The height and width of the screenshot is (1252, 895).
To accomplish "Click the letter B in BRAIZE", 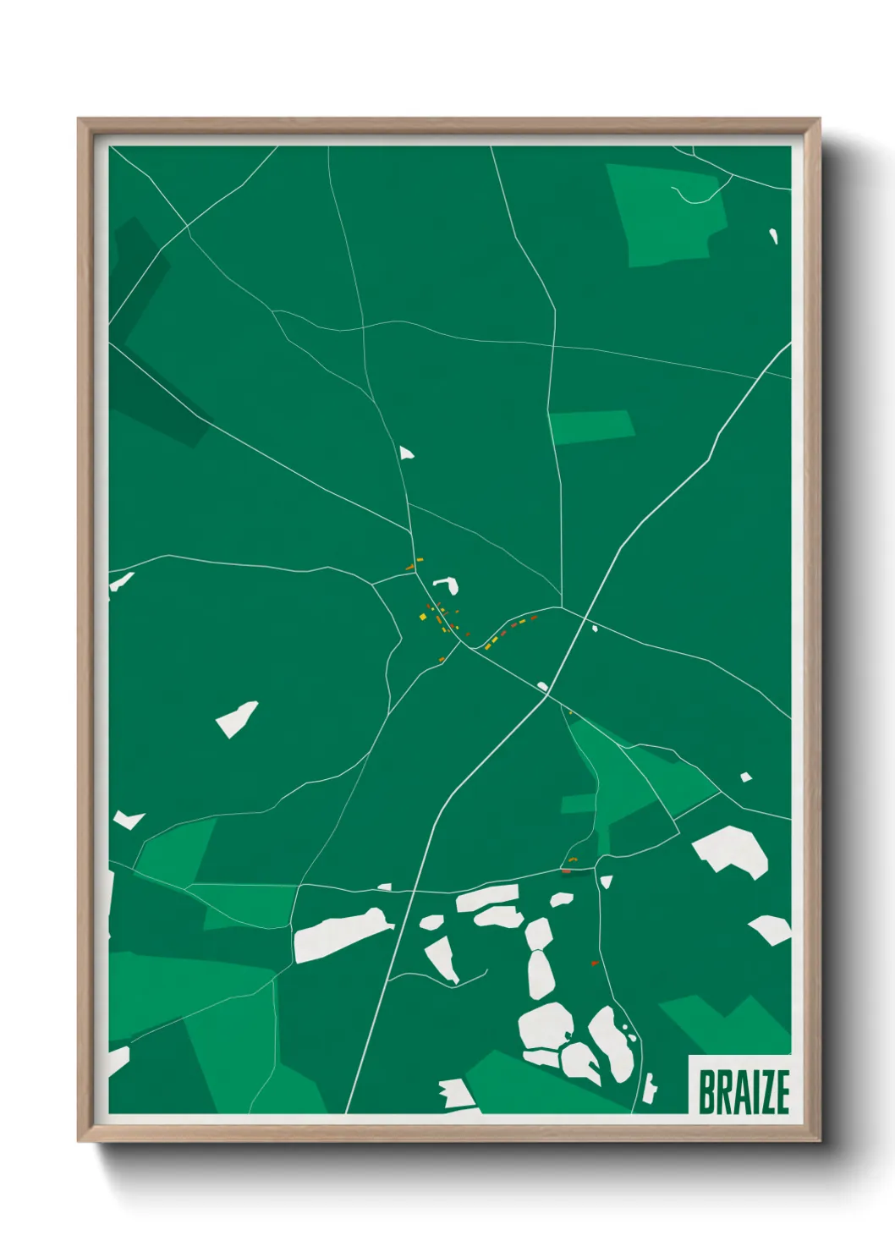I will pyautogui.click(x=708, y=1092).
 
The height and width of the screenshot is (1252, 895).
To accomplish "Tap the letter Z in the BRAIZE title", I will pyautogui.click(x=763, y=1092).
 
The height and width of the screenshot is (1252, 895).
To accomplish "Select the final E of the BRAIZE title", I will pyautogui.click(x=782, y=1092).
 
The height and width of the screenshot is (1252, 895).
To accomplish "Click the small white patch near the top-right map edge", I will pyautogui.click(x=773, y=236).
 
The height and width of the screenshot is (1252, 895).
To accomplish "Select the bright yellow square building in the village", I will pyautogui.click(x=423, y=618).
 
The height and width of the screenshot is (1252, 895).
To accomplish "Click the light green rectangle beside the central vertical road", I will pyautogui.click(x=591, y=426).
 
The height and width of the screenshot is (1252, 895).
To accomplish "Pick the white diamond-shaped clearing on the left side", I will pyautogui.click(x=237, y=719).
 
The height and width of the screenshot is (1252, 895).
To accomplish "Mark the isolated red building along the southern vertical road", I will pyautogui.click(x=594, y=963).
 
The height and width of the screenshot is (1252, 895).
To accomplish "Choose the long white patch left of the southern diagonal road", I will pyautogui.click(x=343, y=934).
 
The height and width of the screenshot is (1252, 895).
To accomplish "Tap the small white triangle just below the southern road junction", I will pyautogui.click(x=606, y=882).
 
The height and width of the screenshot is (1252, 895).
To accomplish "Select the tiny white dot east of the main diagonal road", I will pyautogui.click(x=595, y=628).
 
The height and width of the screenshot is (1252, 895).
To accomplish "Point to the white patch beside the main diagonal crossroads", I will pyautogui.click(x=542, y=686).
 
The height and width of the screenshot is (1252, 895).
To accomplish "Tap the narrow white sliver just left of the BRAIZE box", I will pyautogui.click(x=649, y=1087).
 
